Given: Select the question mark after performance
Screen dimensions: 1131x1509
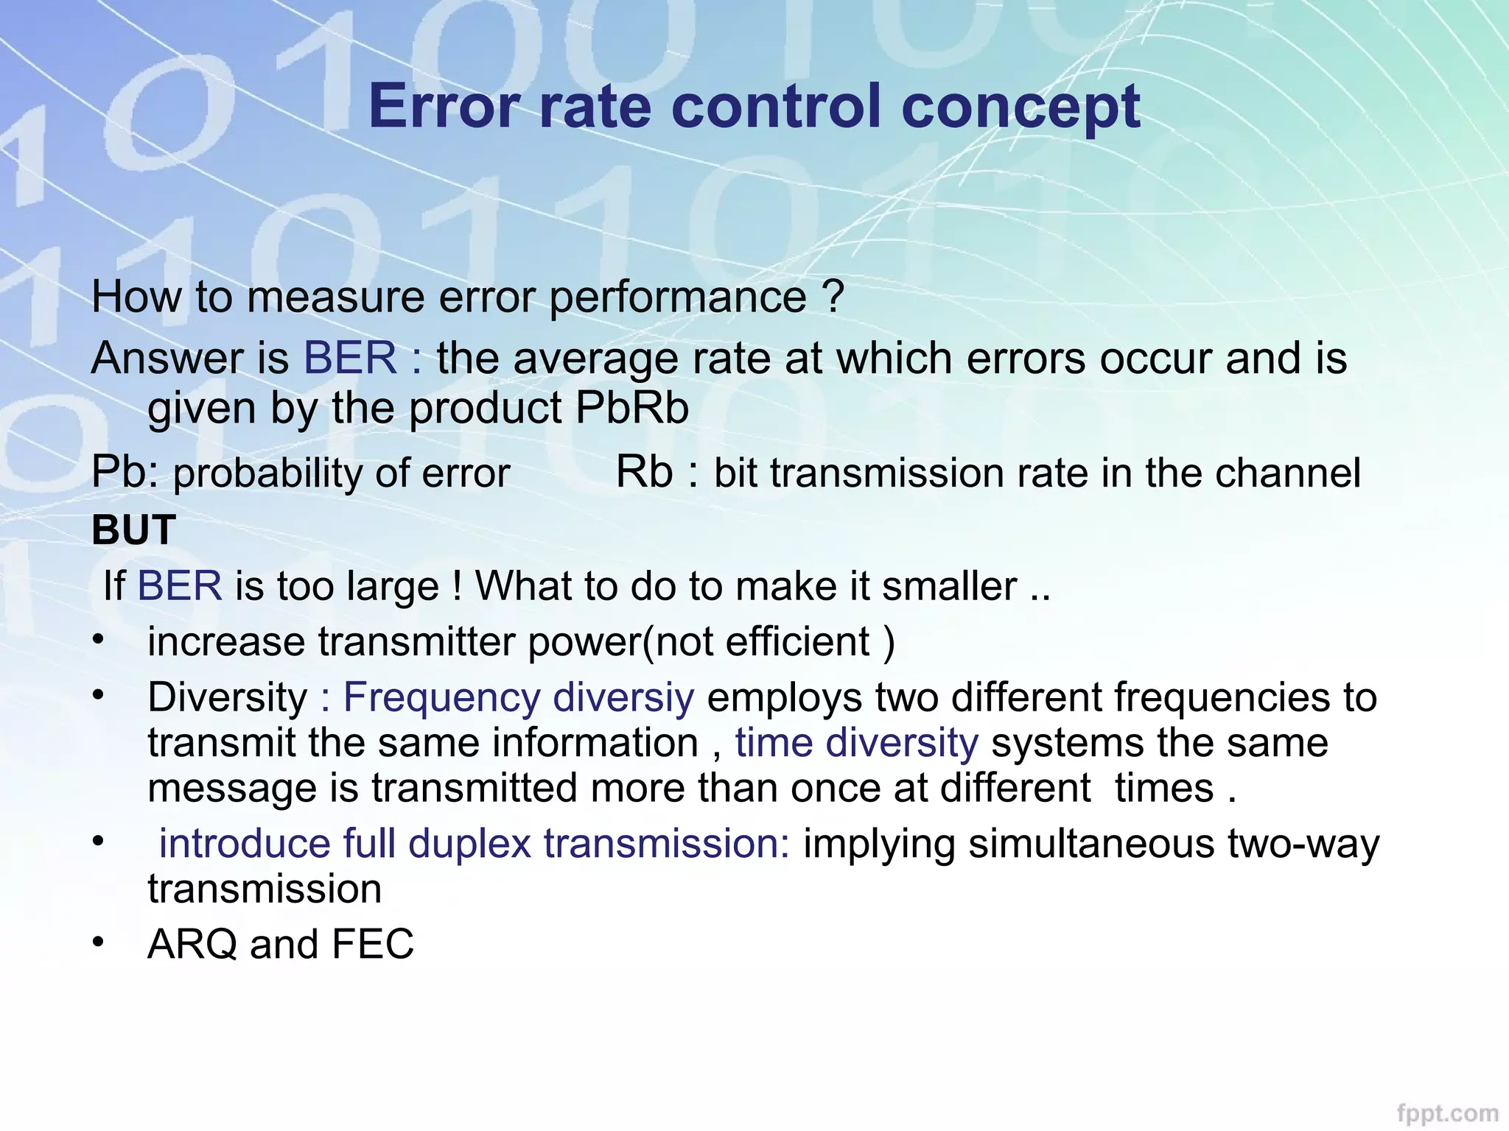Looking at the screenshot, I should coord(833,297).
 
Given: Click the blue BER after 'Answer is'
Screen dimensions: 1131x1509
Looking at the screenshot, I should coord(351,358).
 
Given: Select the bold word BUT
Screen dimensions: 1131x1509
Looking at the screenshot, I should coord(134,529).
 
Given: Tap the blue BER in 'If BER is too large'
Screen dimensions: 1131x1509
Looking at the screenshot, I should coord(180,586).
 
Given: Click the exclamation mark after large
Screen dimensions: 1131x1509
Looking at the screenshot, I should coord(458,586).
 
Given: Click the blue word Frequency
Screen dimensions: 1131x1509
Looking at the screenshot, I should coord(441,697).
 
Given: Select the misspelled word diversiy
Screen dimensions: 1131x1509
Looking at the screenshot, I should coord(623,697).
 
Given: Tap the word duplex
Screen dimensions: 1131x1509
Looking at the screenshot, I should coord(469,844).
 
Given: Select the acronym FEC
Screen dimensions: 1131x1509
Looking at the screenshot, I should coord(373,945).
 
